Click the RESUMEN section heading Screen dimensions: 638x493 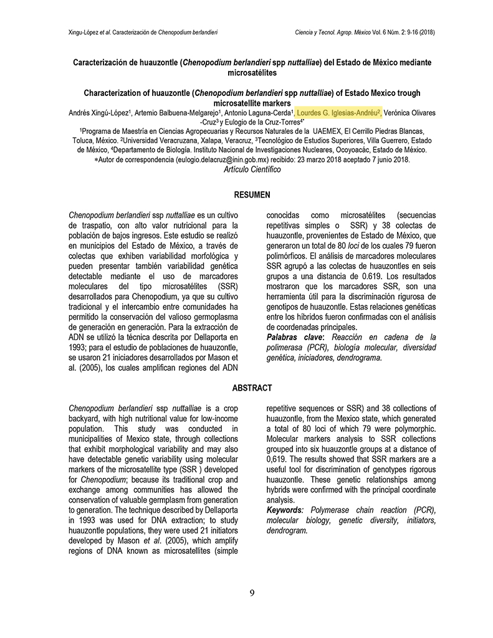tap(252, 194)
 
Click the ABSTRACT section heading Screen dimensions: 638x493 tap(252, 388)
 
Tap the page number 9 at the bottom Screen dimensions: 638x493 tap(252, 593)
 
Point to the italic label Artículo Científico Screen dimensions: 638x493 tap(252, 169)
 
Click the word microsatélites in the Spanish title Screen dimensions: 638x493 tap(252, 73)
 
